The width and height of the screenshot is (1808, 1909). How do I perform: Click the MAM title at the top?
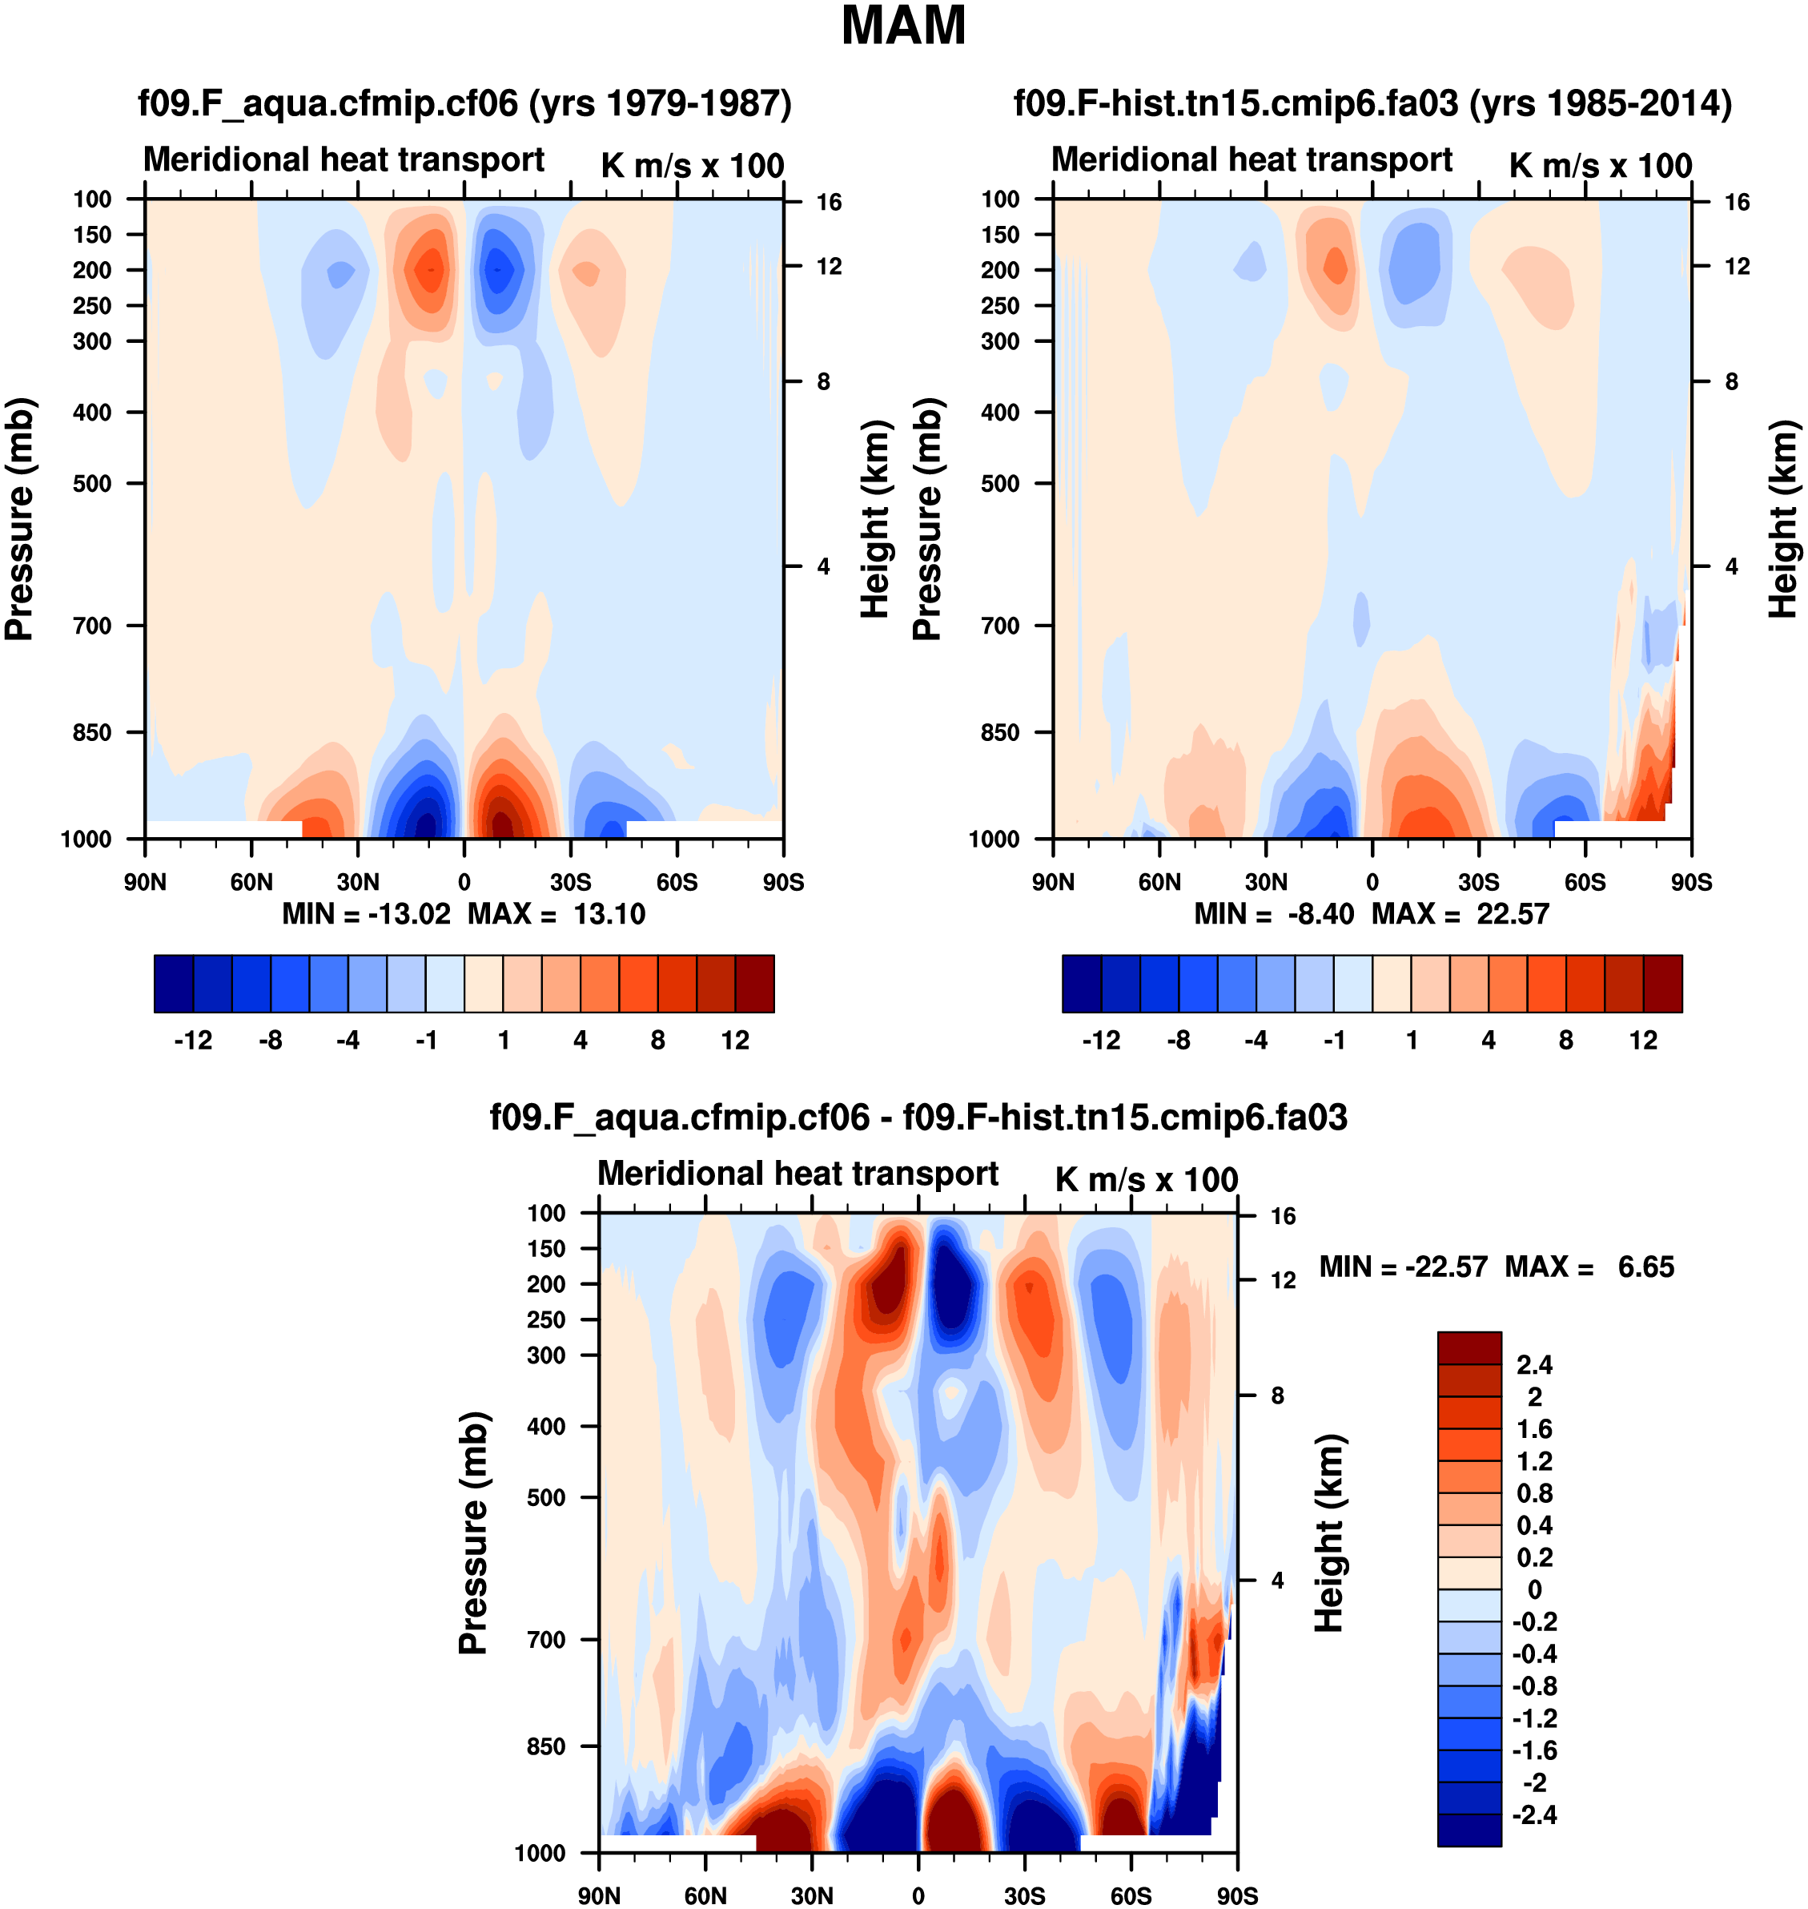point(903,26)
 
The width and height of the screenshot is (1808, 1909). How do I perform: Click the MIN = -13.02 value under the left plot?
point(366,914)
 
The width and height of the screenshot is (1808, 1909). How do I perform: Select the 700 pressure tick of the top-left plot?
point(93,626)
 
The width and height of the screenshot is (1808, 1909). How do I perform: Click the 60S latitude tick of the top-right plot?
point(1585,882)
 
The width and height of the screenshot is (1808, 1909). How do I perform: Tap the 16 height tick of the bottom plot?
point(1283,1217)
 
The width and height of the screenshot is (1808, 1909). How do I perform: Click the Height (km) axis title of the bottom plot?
point(1329,1533)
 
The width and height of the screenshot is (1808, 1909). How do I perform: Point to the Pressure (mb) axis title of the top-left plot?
point(19,519)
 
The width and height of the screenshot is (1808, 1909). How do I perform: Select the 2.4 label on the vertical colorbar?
point(1534,1365)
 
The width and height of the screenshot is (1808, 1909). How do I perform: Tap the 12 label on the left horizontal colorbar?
point(735,1041)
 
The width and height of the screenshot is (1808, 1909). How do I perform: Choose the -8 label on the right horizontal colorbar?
point(1179,1041)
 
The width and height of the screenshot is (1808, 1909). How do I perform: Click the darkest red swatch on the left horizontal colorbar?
point(754,984)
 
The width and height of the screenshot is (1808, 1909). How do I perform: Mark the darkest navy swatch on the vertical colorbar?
point(1468,1830)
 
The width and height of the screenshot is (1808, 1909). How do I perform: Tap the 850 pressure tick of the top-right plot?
point(1000,733)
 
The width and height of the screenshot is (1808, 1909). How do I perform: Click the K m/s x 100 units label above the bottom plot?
point(1146,1179)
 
